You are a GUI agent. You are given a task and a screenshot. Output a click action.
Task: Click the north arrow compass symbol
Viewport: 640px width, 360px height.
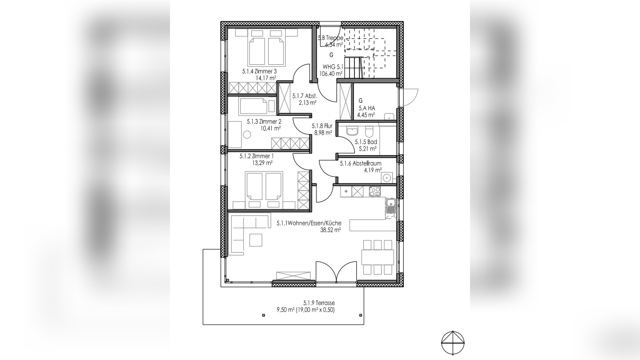pyautogui.click(x=453, y=342)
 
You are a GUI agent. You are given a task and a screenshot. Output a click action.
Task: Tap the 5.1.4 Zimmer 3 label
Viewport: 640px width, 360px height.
pyautogui.click(x=259, y=71)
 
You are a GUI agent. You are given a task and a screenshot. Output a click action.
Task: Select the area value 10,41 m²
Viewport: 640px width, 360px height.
pyautogui.click(x=270, y=128)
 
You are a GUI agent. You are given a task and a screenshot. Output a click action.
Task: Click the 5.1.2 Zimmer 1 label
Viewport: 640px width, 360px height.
pyautogui.click(x=256, y=156)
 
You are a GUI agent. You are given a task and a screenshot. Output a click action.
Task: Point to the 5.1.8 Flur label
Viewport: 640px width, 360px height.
pyautogui.click(x=322, y=126)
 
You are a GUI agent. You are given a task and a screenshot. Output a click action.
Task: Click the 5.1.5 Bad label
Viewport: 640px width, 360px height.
pyautogui.click(x=366, y=142)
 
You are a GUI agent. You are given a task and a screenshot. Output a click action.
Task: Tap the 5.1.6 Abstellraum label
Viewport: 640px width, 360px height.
pyautogui.click(x=360, y=164)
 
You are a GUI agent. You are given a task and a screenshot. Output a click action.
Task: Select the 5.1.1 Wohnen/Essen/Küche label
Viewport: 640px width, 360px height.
pyautogui.click(x=309, y=223)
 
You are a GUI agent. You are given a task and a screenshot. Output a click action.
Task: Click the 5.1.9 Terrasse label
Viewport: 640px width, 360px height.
pyautogui.click(x=319, y=303)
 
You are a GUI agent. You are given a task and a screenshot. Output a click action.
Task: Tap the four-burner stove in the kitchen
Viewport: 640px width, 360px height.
pyautogui.click(x=374, y=191)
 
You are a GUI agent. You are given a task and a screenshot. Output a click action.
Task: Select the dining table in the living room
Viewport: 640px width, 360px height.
pyautogui.click(x=377, y=257)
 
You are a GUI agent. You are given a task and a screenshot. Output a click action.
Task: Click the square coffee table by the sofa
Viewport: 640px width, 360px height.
pyautogui.click(x=256, y=240)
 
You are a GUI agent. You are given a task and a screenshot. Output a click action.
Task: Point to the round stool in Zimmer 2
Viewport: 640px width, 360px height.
pyautogui.click(x=247, y=134)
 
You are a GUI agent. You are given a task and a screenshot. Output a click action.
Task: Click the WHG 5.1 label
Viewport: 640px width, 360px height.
pyautogui.click(x=332, y=67)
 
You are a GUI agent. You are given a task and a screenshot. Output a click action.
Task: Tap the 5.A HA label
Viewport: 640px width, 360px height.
pyautogui.click(x=367, y=108)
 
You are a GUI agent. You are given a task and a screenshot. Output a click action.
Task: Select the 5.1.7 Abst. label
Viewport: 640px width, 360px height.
pyautogui.click(x=305, y=96)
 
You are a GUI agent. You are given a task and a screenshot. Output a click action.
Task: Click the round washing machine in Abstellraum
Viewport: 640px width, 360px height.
pyautogui.click(x=387, y=178)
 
